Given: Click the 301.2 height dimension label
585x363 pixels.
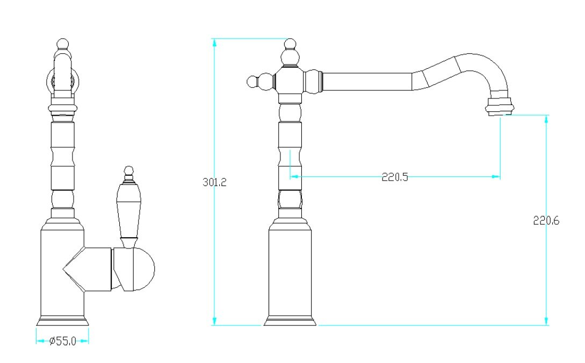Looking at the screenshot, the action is pos(214,182).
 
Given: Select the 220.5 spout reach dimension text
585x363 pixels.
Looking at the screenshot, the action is pos(395,176).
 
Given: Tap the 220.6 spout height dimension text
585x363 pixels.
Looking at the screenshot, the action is pos(546,220).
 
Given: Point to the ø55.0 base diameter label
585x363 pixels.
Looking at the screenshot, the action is pos(63,341).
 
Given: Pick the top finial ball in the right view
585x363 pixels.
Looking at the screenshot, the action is pos(290,44).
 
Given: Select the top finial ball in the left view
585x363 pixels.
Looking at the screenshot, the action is pos(63,44).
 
